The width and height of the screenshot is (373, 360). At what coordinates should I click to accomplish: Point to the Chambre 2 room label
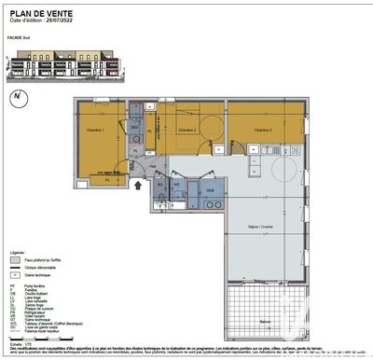[x=186, y=130]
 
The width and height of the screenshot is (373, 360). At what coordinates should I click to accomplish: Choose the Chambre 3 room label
[x=265, y=130]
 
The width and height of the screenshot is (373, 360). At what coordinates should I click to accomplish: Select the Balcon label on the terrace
[x=266, y=322]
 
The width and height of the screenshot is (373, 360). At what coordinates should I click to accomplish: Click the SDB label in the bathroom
[x=210, y=189]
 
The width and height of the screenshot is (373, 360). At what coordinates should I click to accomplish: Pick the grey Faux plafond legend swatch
[x=16, y=260]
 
